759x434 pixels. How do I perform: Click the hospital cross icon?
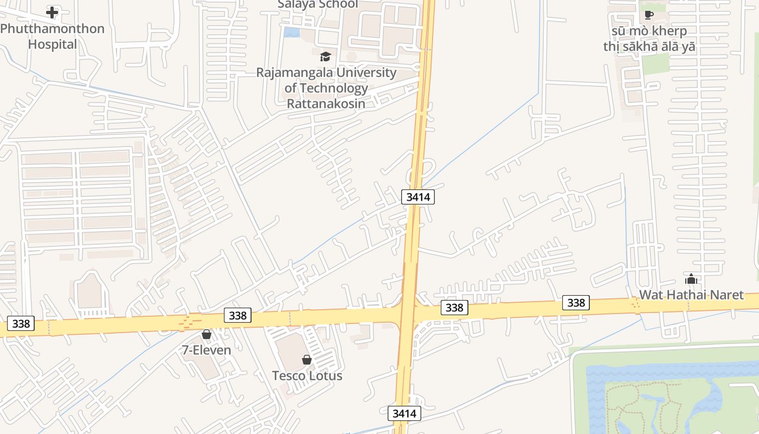tap(52, 12)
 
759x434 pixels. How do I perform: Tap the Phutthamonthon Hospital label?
tap(52, 36)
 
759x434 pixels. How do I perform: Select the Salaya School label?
tap(318, 4)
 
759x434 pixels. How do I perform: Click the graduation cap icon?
tap(325, 56)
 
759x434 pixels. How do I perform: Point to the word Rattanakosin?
tap(326, 103)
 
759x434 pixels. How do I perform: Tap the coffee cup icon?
tap(649, 15)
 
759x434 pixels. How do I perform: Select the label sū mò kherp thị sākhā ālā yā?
tap(649, 39)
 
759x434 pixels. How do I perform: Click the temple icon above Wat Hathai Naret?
tap(691, 279)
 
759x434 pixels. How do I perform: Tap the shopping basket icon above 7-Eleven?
tap(207, 334)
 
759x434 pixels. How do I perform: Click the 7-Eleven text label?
tap(207, 350)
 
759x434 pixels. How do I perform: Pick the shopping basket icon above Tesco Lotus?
tap(307, 360)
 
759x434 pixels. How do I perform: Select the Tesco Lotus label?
tap(307, 375)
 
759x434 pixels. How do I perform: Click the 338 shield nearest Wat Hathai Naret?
tap(576, 302)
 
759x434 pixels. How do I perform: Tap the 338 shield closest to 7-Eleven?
tap(237, 315)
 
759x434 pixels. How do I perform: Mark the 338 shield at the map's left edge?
tap(21, 324)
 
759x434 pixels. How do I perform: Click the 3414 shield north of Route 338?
tap(418, 197)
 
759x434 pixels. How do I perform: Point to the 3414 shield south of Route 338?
tap(404, 413)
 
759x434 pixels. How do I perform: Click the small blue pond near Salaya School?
tap(292, 32)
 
